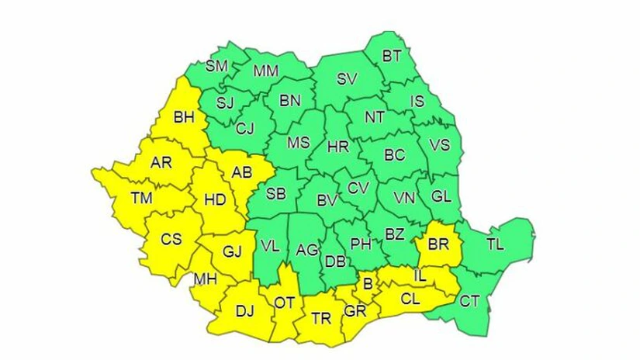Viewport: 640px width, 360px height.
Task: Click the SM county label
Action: pos(216,66)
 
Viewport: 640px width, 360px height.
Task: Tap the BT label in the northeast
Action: pos(393,56)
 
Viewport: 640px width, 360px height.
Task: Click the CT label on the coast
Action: pos(469,301)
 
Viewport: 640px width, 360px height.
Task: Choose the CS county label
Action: pos(171,240)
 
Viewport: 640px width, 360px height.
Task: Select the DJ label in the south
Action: pos(244,312)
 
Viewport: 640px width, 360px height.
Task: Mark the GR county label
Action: pos(355,310)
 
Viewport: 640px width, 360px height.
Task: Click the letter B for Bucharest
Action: pos(368,284)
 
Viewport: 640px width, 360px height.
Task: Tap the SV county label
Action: pos(346,79)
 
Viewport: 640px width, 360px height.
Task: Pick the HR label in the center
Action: pos(339,146)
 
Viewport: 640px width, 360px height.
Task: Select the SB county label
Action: pos(276,194)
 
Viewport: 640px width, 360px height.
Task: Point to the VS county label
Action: pos(439,145)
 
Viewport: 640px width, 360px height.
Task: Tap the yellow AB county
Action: pos(242,174)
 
